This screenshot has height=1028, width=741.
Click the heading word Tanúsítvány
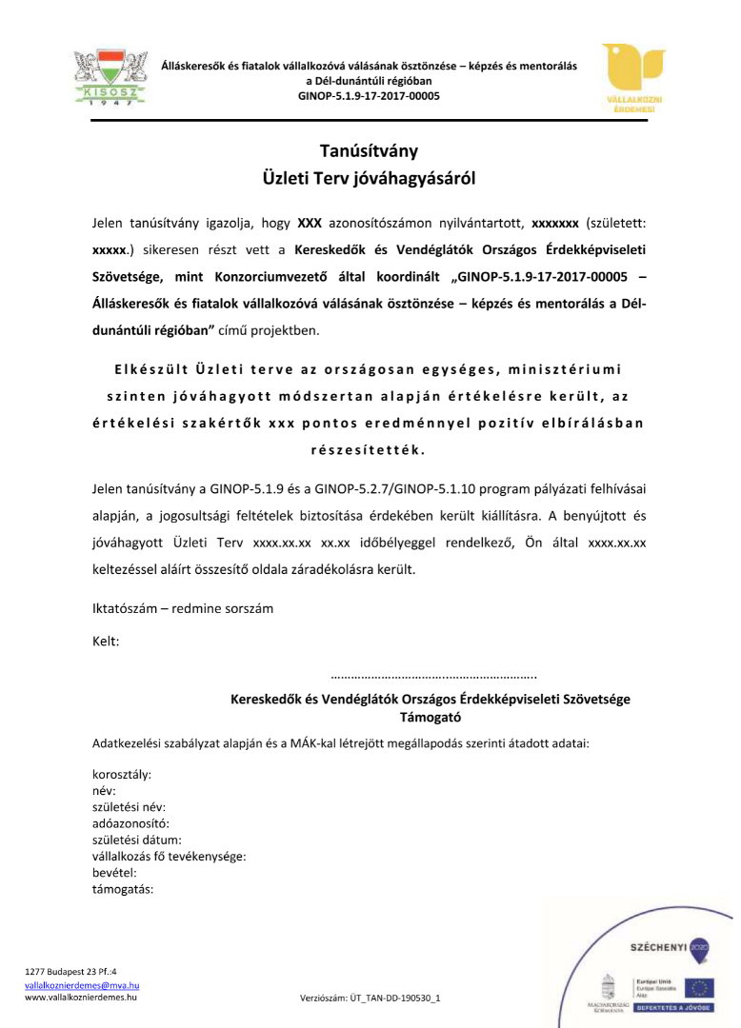pos(369,150)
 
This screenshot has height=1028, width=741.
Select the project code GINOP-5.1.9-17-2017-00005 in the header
pos(369,96)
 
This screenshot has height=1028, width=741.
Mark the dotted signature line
pos(433,677)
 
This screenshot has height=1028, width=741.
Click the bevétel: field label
pos(114,872)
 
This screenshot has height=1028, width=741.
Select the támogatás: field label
pos(123,888)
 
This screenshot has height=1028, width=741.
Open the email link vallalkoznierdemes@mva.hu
pos(82,986)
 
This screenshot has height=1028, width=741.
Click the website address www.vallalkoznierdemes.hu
pos(81,998)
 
